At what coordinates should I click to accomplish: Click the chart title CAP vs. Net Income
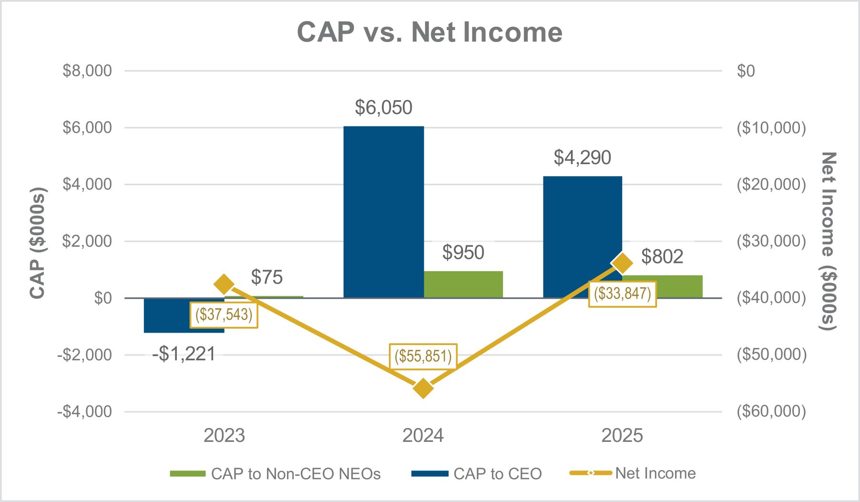tap(430, 32)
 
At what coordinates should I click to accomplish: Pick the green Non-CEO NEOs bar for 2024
tap(463, 284)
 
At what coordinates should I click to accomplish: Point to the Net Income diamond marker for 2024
tap(423, 388)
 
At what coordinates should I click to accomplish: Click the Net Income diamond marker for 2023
tap(224, 284)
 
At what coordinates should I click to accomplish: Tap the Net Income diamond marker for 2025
tap(622, 263)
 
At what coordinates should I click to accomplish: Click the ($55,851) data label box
tap(423, 356)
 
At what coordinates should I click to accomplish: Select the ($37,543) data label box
tap(224, 314)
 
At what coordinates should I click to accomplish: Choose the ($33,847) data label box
tap(622, 293)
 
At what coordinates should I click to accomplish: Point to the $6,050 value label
tap(383, 107)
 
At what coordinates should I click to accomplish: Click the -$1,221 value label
tap(184, 354)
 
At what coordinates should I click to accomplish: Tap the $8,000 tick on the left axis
tap(87, 71)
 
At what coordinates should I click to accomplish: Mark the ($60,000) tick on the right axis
tap(771, 411)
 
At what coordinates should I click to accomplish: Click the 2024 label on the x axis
tap(423, 436)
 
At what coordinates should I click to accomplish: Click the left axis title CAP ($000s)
tap(38, 243)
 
